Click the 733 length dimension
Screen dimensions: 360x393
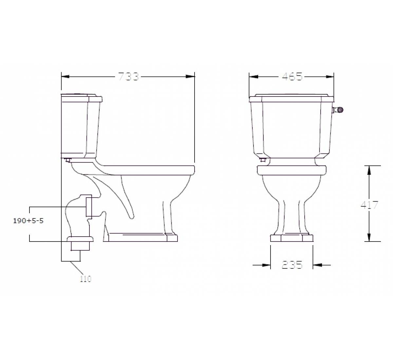click(128, 77)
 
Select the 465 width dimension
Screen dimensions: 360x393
click(292, 77)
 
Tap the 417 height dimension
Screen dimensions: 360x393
click(369, 205)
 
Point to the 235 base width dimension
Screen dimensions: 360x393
click(292, 265)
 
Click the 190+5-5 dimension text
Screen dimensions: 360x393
click(28, 221)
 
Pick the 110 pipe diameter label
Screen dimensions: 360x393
click(85, 279)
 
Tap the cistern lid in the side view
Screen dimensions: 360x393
click(82, 97)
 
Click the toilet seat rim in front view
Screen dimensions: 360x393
click(292, 170)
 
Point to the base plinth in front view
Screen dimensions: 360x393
click(291, 238)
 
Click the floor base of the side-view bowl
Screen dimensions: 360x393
click(141, 238)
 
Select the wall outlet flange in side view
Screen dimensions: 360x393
click(89, 207)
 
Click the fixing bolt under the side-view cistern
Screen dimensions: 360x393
click(68, 160)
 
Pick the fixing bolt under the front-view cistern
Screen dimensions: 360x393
click(262, 160)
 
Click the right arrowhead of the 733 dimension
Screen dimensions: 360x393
click(190, 77)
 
